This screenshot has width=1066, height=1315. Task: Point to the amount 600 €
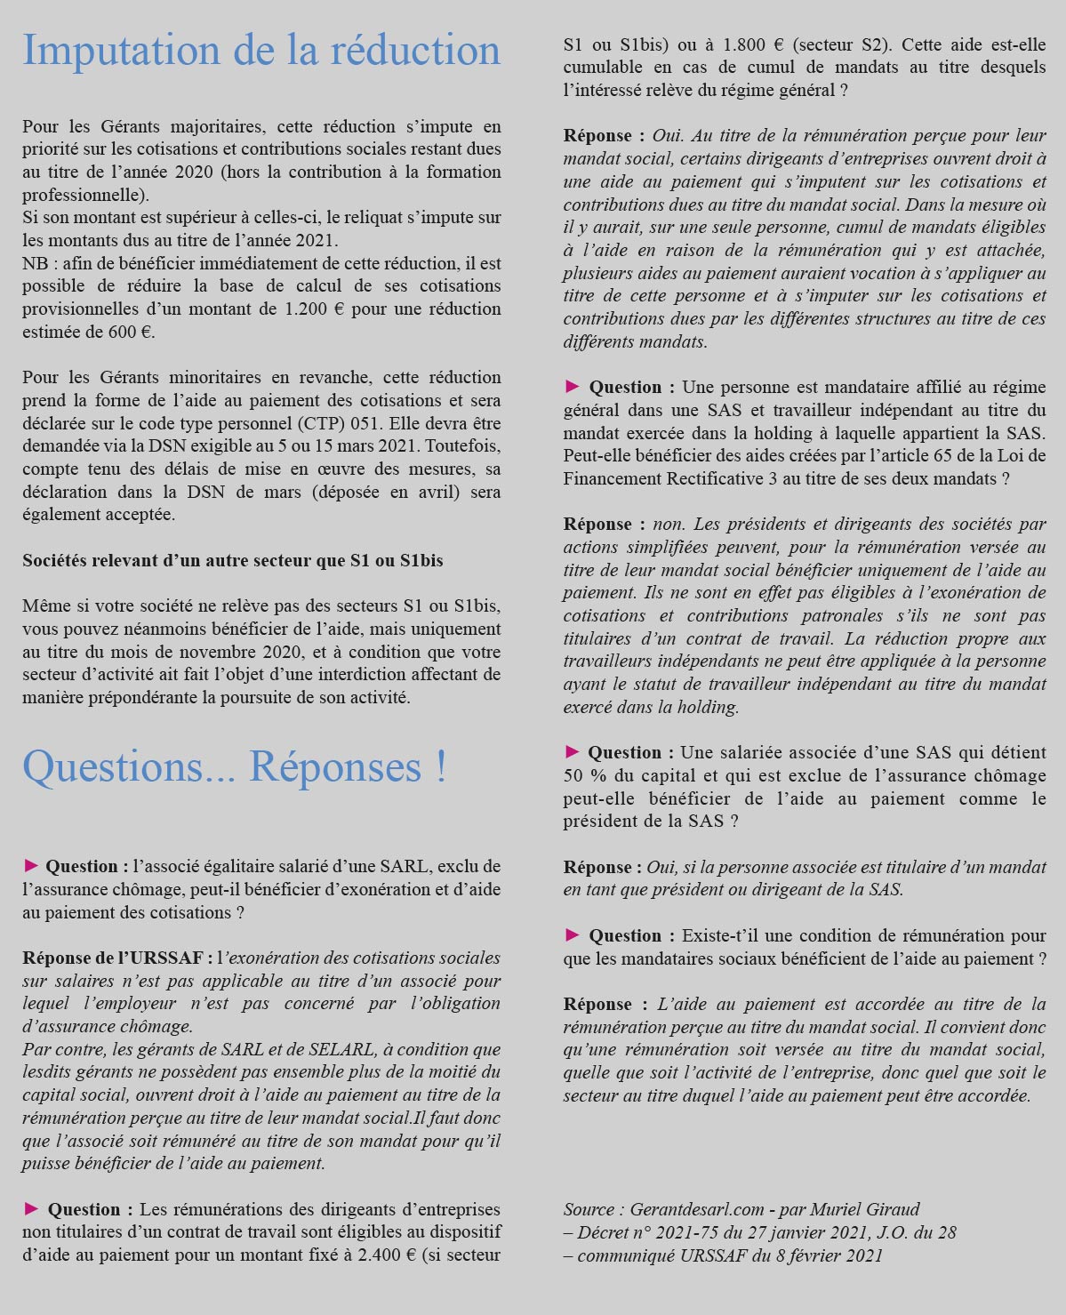132,333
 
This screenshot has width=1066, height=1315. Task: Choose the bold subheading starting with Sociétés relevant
232,561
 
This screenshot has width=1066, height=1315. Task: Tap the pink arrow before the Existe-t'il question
572,935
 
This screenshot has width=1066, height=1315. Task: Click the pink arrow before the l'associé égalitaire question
30,866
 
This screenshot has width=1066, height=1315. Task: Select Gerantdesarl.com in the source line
697,1209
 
